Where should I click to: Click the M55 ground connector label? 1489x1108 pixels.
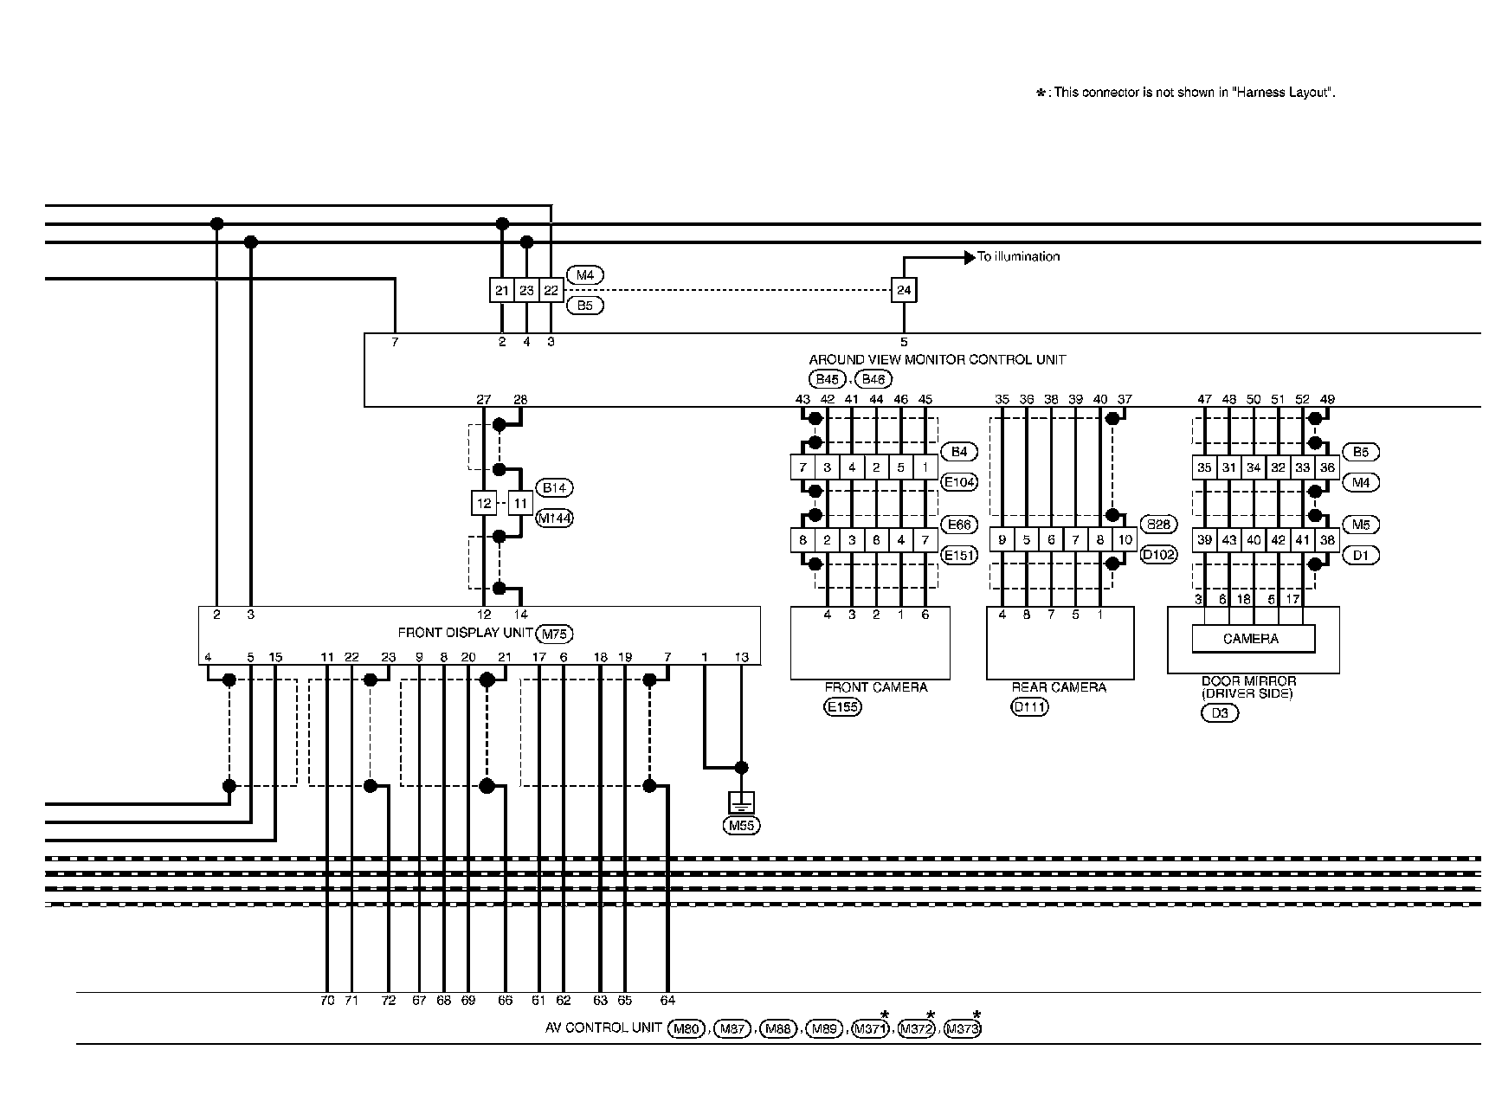742,825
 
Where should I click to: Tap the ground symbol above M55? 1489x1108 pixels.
742,802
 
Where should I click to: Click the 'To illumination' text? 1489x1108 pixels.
1018,256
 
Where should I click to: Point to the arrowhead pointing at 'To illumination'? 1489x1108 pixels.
970,257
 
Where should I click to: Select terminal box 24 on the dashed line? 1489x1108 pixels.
904,290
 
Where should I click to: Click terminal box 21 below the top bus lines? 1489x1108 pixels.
502,290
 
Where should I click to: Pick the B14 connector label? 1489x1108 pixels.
554,487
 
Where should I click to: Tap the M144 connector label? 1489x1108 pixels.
554,519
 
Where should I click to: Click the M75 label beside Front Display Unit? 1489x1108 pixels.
555,634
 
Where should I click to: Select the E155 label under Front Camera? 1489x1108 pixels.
842,707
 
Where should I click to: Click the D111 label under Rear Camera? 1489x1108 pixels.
1029,707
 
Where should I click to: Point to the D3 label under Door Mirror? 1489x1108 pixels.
1220,713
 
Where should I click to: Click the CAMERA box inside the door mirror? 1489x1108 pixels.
1251,639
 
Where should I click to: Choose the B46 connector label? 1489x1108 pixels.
873,379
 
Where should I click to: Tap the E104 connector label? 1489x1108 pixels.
959,482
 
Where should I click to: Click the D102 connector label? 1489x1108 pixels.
1159,555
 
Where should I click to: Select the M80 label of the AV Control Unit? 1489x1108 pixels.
686,1028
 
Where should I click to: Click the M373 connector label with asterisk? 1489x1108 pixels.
962,1028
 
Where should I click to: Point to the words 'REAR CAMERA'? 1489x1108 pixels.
1059,687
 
